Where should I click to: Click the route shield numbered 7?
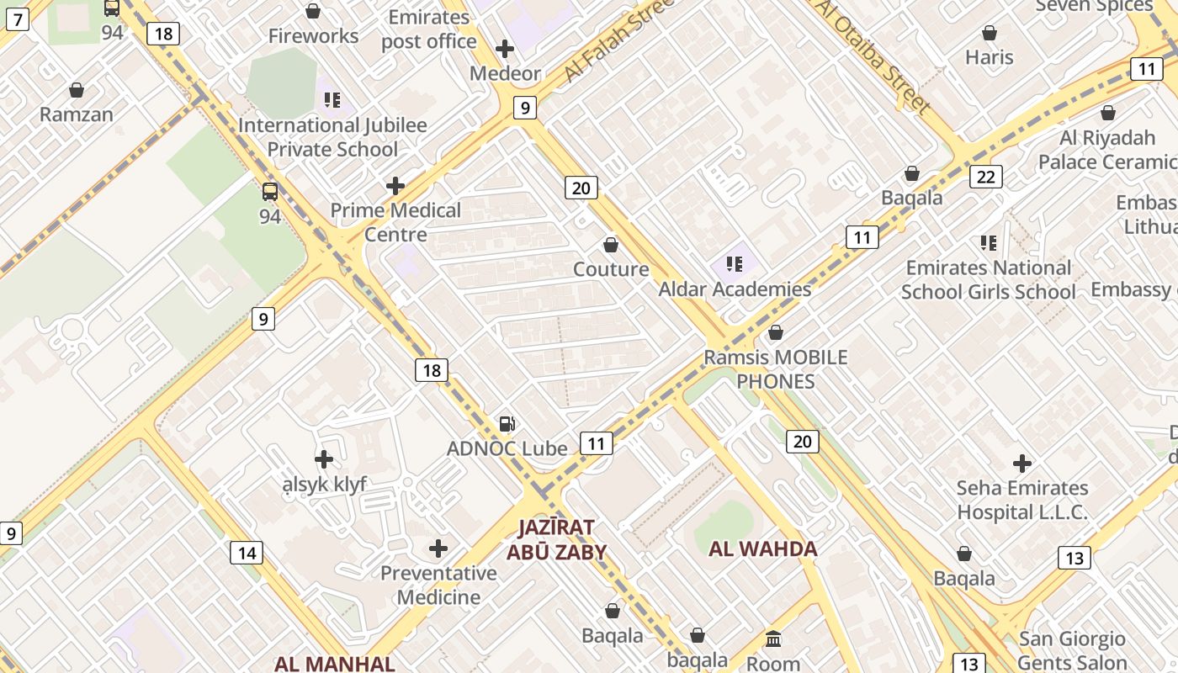(x=17, y=18)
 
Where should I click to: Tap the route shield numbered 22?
(x=985, y=176)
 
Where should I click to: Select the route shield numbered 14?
(x=247, y=553)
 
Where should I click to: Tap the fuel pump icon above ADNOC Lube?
(x=507, y=424)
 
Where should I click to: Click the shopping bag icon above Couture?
(x=611, y=245)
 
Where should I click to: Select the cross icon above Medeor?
(x=505, y=49)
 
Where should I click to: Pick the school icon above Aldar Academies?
(x=735, y=264)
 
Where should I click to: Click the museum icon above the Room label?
(x=773, y=639)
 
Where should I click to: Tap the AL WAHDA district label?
(x=763, y=549)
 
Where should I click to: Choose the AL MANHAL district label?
(x=335, y=663)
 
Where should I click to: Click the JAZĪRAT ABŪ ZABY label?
(x=556, y=539)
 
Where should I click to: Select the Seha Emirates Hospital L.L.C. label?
(x=1022, y=500)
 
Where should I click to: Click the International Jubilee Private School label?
(x=332, y=137)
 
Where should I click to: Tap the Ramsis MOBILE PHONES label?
(x=775, y=369)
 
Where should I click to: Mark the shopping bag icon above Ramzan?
(x=77, y=90)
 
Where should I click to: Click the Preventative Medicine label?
(x=438, y=585)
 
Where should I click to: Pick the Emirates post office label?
(x=429, y=29)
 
